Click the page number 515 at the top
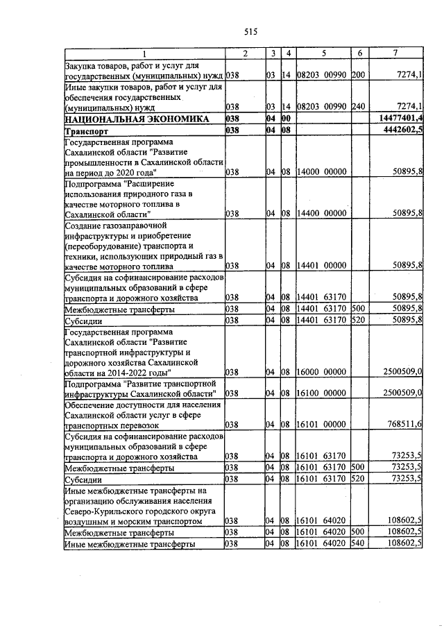(250, 31)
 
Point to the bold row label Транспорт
(87, 130)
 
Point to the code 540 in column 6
(358, 543)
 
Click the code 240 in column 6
(358, 108)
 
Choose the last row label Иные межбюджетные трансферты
(129, 543)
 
